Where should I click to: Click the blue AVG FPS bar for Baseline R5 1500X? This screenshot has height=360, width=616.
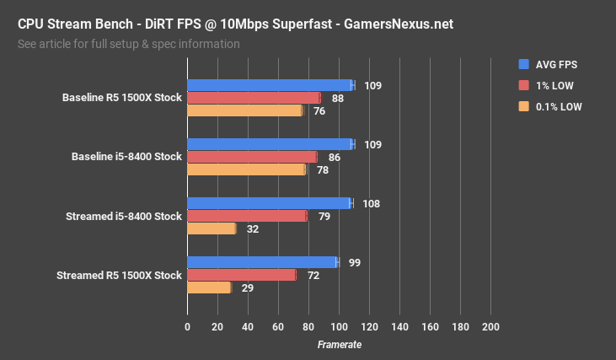click(270, 85)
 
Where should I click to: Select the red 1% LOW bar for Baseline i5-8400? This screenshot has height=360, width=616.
click(252, 157)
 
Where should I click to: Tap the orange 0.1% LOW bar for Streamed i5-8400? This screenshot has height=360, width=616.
click(212, 228)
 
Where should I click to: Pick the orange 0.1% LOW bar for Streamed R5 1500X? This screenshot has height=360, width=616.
click(209, 287)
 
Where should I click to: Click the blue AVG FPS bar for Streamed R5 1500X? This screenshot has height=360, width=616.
click(262, 262)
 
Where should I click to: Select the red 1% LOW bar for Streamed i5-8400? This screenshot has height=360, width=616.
click(247, 216)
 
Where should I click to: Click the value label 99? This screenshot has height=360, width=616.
click(355, 263)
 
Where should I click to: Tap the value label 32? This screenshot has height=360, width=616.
click(253, 229)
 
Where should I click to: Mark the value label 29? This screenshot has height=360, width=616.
click(248, 288)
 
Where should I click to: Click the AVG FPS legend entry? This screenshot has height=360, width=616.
click(556, 64)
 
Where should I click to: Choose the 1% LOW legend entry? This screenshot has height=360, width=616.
click(554, 85)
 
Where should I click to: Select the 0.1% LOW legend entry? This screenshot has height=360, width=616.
click(558, 107)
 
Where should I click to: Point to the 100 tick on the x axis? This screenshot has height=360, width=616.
click(339, 327)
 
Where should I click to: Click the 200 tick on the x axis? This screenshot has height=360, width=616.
click(490, 327)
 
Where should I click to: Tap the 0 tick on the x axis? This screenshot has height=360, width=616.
click(187, 327)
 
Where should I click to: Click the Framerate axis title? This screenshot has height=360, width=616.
click(339, 345)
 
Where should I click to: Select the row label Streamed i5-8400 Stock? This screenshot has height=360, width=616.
click(123, 217)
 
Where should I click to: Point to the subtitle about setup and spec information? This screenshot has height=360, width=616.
click(128, 44)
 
